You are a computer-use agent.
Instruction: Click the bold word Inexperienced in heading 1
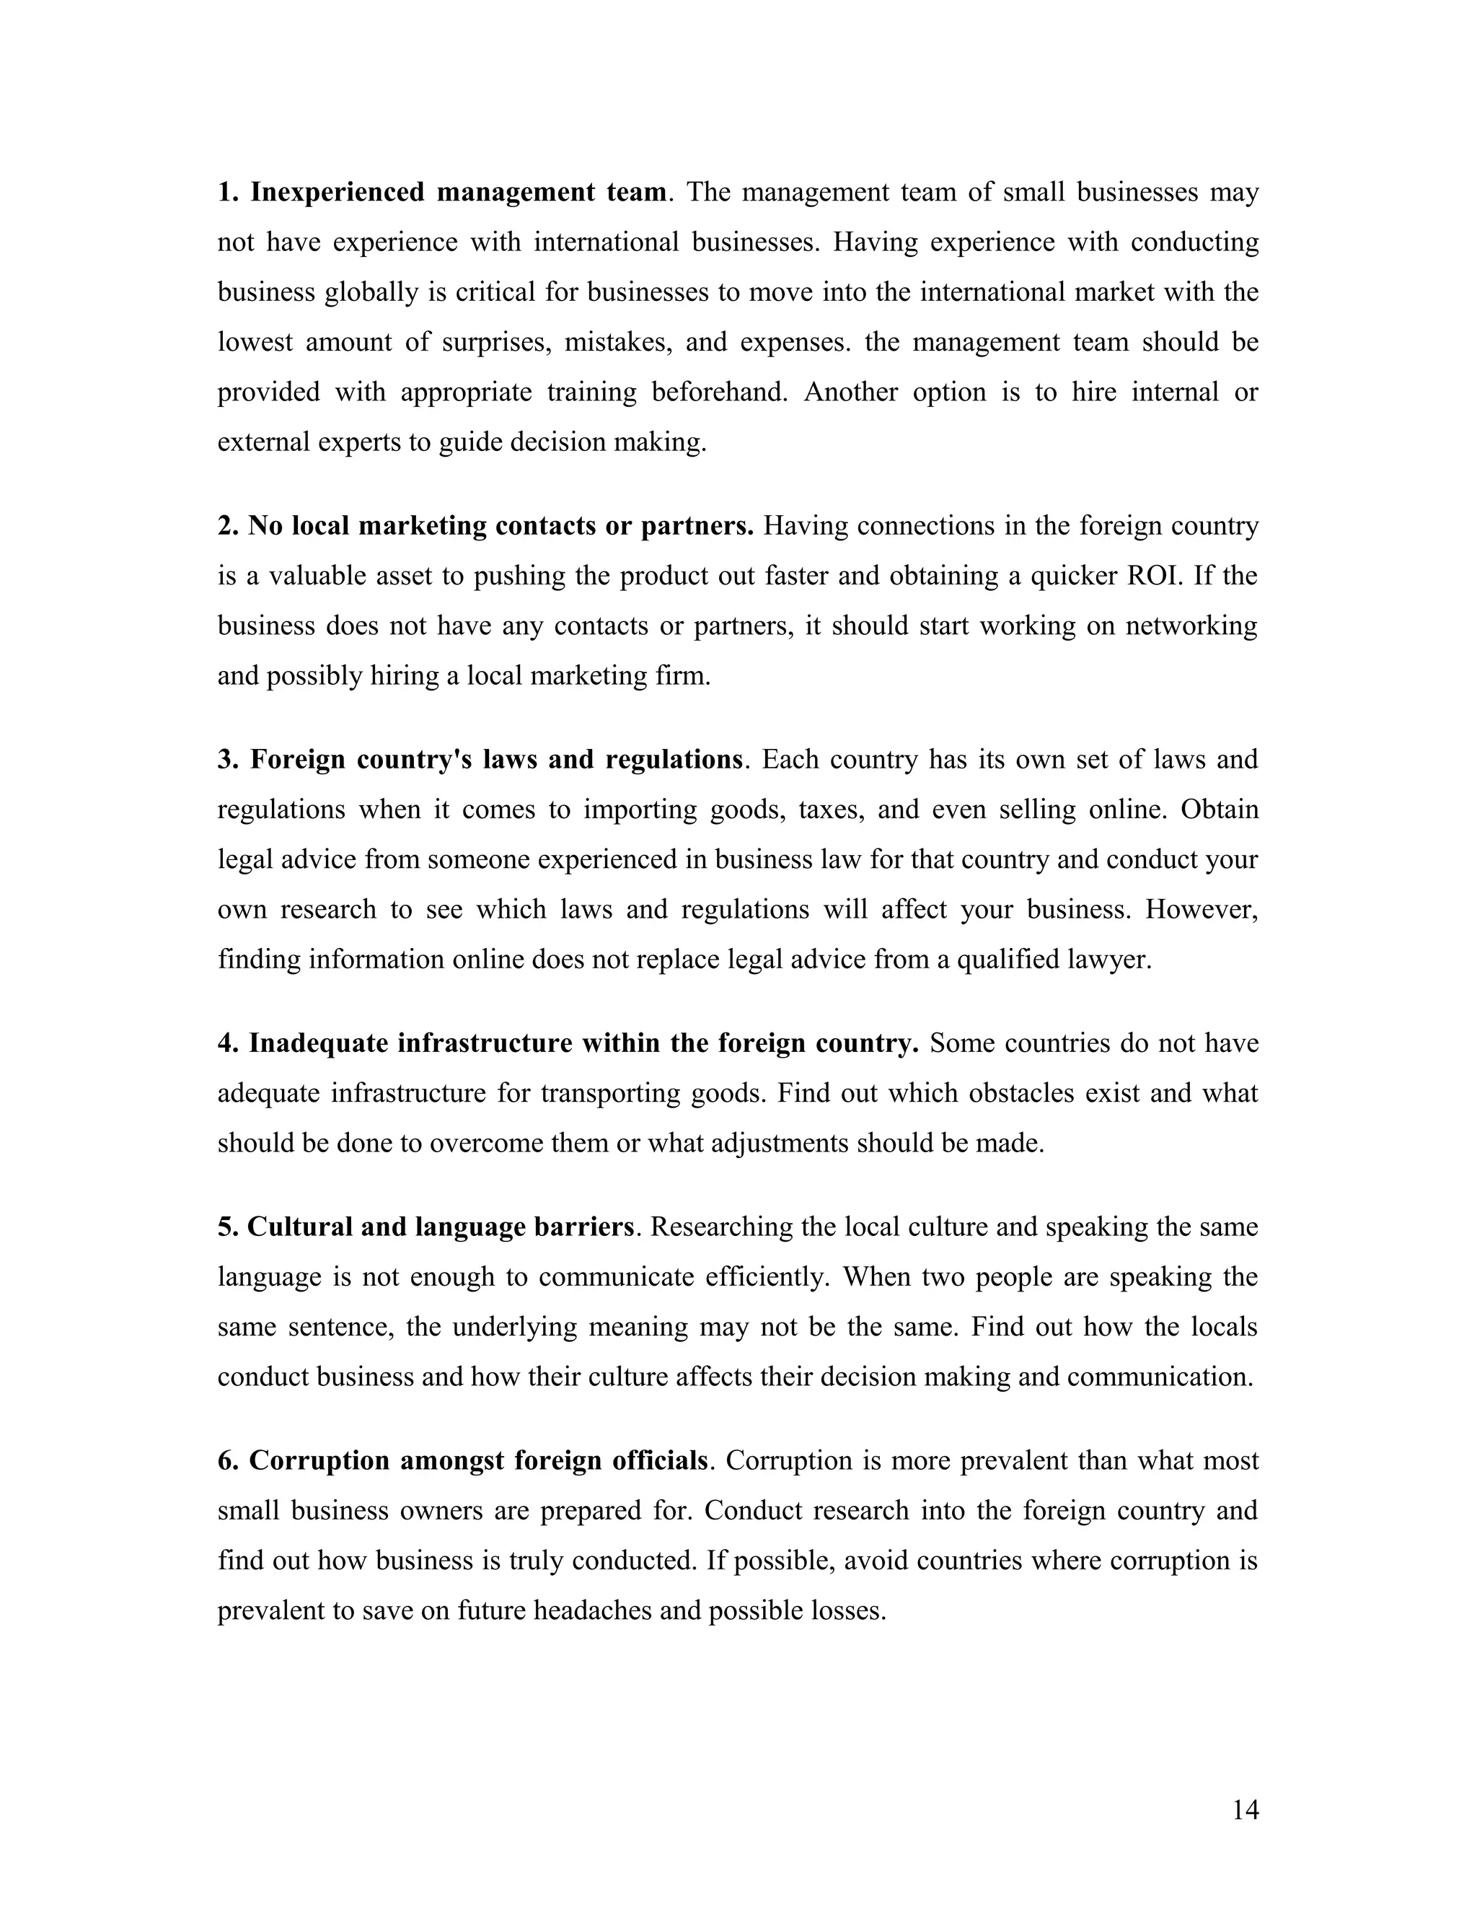pos(337,192)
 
